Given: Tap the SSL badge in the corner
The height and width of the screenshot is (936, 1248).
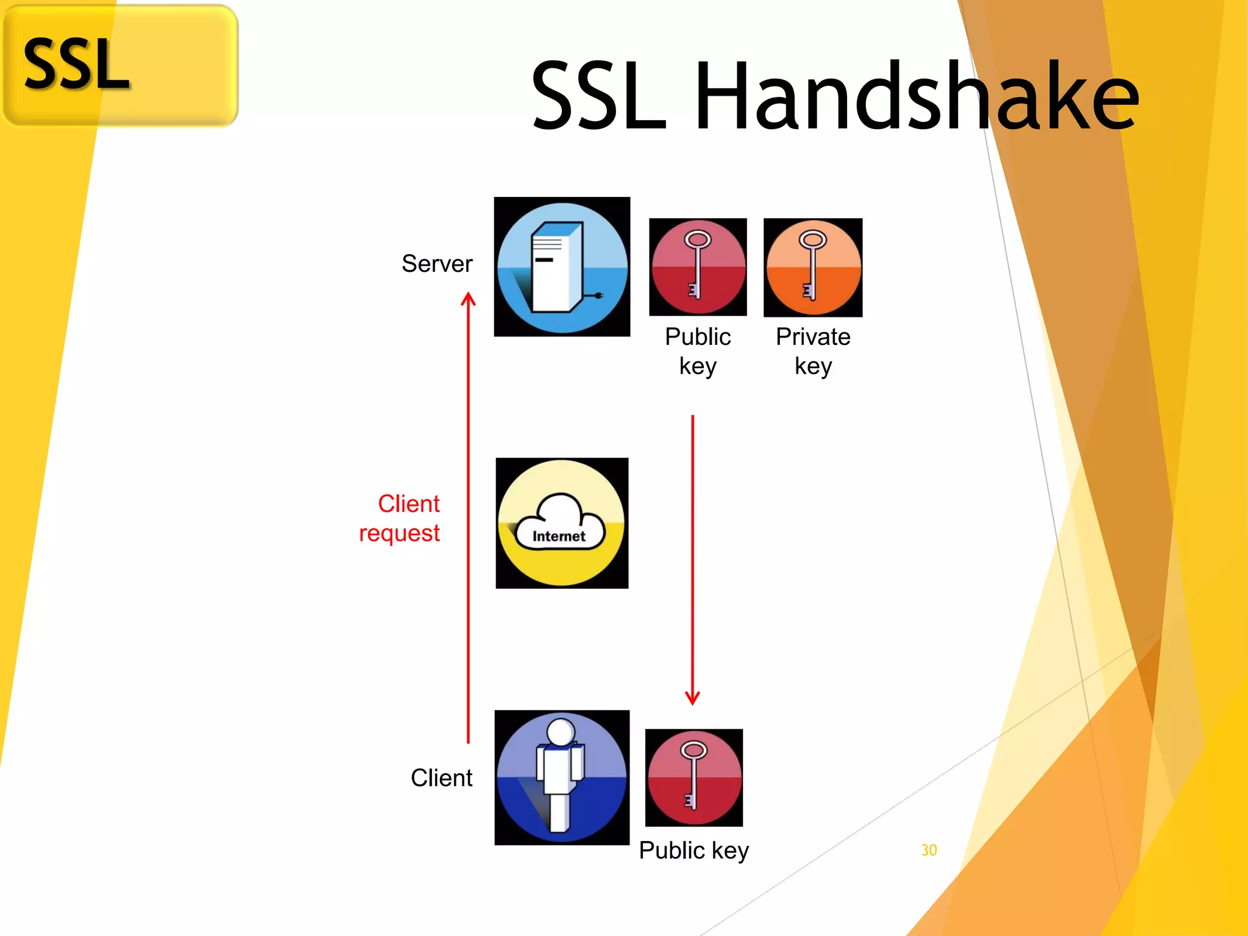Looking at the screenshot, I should [x=120, y=65].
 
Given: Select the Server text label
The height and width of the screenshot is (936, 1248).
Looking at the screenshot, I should [x=437, y=264].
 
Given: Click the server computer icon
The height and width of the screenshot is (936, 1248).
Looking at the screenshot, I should [x=561, y=267].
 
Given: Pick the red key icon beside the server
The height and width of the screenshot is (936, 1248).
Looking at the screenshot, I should [x=698, y=267].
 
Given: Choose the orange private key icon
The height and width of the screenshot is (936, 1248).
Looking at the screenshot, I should [x=812, y=267].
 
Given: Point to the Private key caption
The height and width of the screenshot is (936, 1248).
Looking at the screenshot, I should [x=813, y=351].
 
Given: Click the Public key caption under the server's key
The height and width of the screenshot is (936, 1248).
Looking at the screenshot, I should [x=698, y=351].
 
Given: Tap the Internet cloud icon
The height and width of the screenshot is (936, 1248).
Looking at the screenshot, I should [x=561, y=523].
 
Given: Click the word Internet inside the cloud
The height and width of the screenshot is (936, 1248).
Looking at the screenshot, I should [x=558, y=536].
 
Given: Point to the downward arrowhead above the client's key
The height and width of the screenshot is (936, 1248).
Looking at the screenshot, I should [x=692, y=698].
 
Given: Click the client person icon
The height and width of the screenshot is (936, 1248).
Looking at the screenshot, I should [x=561, y=778].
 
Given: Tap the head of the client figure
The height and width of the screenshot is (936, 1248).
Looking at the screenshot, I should [x=561, y=731].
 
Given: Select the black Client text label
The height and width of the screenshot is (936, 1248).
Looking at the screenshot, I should [x=441, y=778].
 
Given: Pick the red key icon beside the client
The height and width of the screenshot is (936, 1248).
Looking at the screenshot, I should [x=693, y=778].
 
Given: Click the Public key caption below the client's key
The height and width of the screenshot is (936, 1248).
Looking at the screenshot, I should [x=693, y=850].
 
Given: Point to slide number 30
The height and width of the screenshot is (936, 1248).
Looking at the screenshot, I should [x=929, y=850].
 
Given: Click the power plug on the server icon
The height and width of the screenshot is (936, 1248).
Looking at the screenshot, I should [x=598, y=296].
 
